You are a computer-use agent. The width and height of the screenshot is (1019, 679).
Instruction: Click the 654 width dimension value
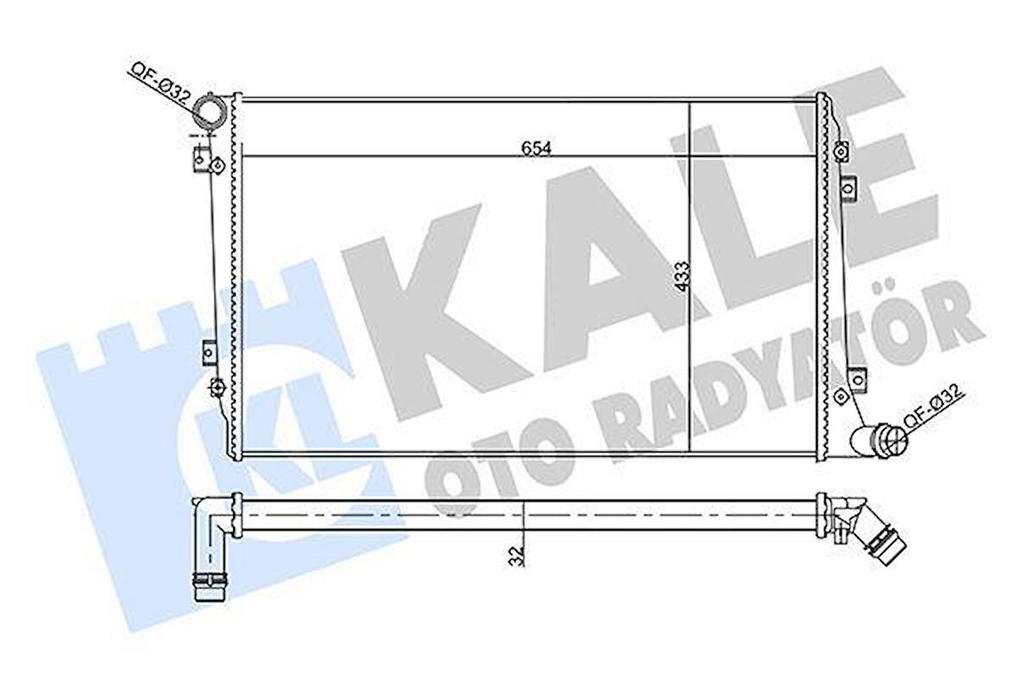(536, 149)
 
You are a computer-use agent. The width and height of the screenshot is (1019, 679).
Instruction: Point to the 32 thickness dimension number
(517, 555)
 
